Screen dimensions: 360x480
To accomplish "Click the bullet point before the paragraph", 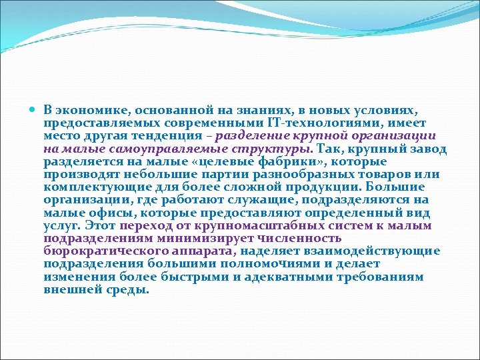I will pos(35,109).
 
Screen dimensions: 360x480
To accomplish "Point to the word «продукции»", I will pos(314,187).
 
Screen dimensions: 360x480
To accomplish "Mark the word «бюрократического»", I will pos(96,252).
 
